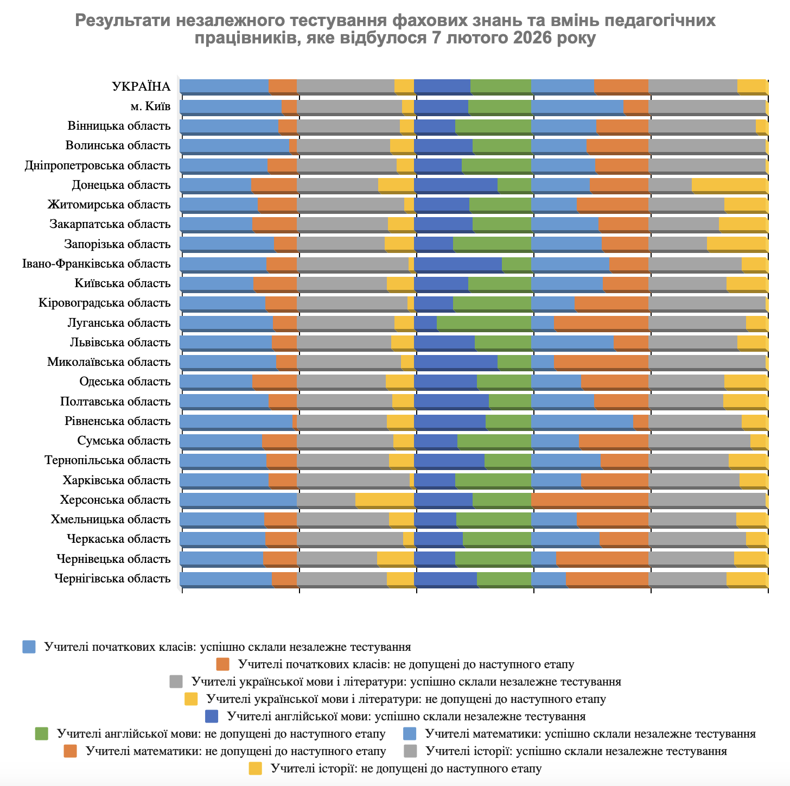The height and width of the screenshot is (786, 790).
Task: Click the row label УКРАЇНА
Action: [x=141, y=87]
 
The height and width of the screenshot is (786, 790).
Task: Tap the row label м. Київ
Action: [x=150, y=106]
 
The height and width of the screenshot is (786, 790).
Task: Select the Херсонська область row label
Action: [x=115, y=500]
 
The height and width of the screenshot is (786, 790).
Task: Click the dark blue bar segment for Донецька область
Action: [x=456, y=185]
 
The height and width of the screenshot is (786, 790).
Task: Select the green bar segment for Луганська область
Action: [x=484, y=322]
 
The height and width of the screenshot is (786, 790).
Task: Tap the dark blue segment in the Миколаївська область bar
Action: [x=456, y=362]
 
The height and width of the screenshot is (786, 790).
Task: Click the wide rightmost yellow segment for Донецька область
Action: [x=729, y=185]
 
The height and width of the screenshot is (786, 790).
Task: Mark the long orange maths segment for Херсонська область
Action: [x=590, y=499]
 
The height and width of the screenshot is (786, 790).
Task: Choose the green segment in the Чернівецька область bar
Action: [x=493, y=558]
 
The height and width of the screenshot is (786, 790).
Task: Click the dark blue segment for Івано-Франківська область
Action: [x=458, y=263]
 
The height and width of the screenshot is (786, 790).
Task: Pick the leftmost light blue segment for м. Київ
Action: [x=231, y=106]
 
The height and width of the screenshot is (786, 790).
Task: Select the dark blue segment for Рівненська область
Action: [x=450, y=421]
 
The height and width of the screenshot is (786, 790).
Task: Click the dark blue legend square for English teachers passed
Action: [x=212, y=717]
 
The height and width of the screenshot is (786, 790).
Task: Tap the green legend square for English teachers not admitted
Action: [x=42, y=734]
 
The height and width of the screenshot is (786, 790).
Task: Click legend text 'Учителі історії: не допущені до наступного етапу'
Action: [x=406, y=769]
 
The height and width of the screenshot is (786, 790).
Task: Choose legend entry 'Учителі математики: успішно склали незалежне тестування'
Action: [x=590, y=734]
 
